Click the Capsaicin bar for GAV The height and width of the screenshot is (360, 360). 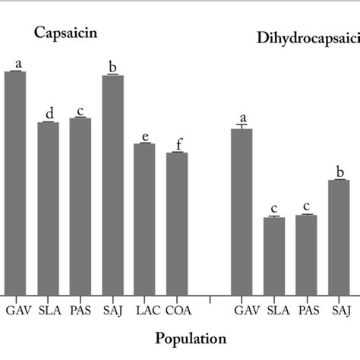[15, 182]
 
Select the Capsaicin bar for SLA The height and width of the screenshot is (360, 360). [48, 208]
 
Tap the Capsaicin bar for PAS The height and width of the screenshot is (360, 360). [81, 206]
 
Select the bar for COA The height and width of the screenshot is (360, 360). [177, 223]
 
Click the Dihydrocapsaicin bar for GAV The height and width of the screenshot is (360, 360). [242, 212]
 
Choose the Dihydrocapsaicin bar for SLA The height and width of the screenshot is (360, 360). [274, 256]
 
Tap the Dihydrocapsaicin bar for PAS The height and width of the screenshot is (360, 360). [306, 254]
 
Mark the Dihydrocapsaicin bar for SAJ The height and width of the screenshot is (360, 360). [339, 237]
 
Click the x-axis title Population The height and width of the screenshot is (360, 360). [191, 338]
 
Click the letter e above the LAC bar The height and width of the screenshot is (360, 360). [144, 136]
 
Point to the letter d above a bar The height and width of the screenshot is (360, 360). [48, 115]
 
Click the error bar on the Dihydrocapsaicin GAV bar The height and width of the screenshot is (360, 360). [242, 126]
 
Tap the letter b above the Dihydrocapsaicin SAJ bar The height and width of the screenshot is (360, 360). [339, 172]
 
